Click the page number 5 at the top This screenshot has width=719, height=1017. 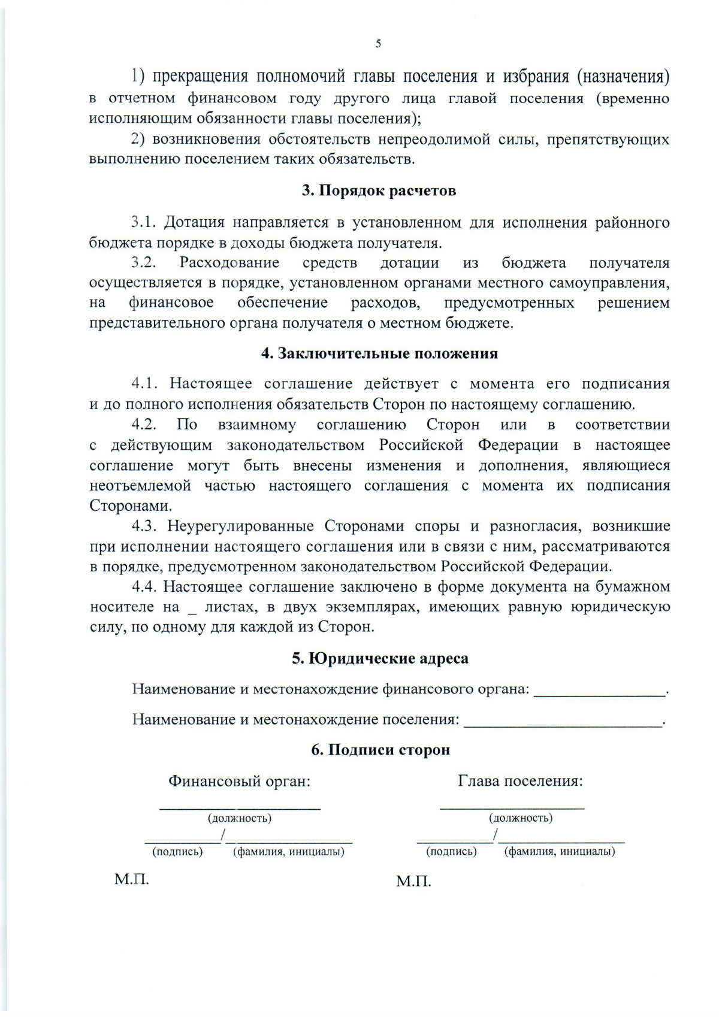point(378,44)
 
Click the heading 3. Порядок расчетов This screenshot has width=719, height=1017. point(379,191)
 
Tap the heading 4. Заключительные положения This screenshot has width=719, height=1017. point(379,353)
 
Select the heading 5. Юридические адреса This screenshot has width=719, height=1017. point(380,658)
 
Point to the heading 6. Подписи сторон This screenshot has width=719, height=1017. point(380,749)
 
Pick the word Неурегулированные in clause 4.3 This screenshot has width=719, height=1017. point(240,526)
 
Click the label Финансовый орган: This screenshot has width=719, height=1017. point(239,781)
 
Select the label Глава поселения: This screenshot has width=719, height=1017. point(520,781)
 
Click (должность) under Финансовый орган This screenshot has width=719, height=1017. point(239,818)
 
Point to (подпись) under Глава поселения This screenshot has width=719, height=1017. point(451,852)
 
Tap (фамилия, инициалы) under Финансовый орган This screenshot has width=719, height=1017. point(288,852)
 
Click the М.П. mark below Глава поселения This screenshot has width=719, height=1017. point(413,881)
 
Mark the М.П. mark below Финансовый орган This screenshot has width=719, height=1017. point(131,879)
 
